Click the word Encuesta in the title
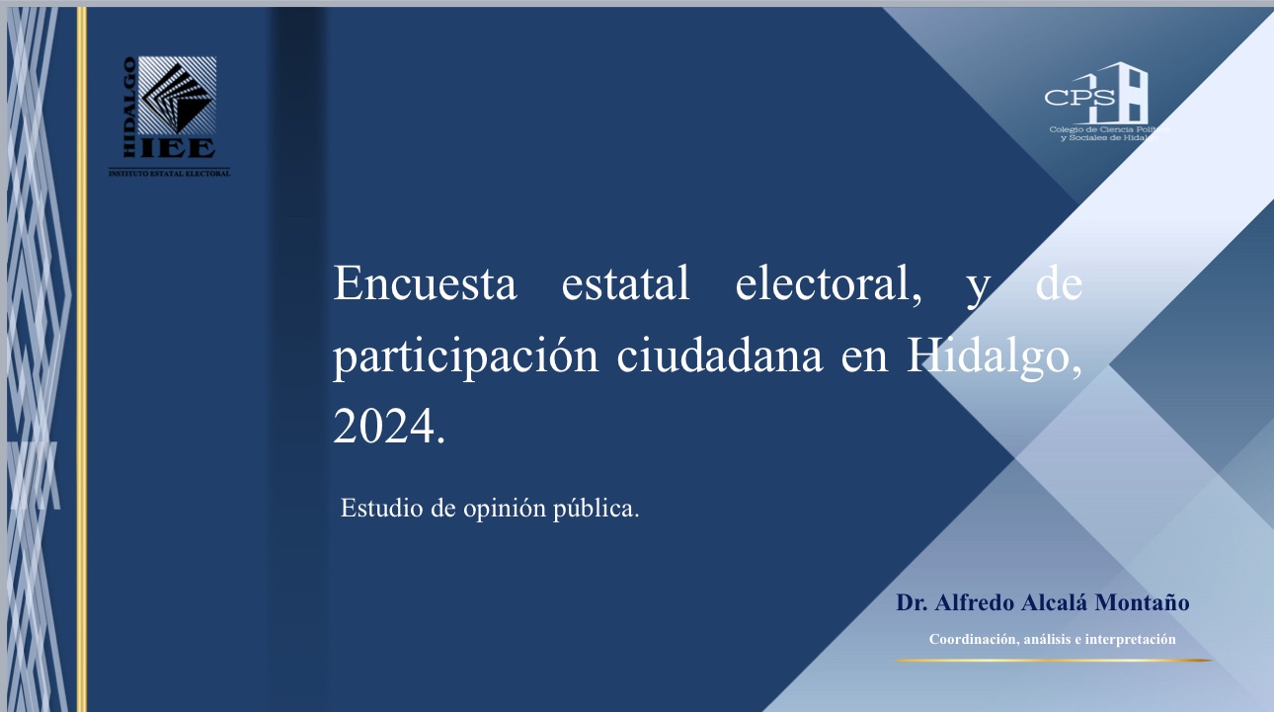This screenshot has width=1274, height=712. pos(425,282)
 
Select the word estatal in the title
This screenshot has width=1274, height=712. pos(625,282)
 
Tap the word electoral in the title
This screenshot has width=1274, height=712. pos(828,283)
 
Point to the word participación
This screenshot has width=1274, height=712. pos(465,357)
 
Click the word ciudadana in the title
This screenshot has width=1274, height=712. pos(720,356)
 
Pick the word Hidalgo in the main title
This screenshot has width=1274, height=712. pos(994,357)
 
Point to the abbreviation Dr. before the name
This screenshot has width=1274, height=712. pos(912,602)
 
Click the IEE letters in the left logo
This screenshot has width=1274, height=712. pos(178,148)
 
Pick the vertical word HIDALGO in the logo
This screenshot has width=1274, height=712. pos(129,107)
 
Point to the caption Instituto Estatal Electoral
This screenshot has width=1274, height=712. pos(170,174)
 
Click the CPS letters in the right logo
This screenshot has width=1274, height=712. pos(1079,98)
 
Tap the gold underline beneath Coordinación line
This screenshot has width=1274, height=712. pos(1054,661)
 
